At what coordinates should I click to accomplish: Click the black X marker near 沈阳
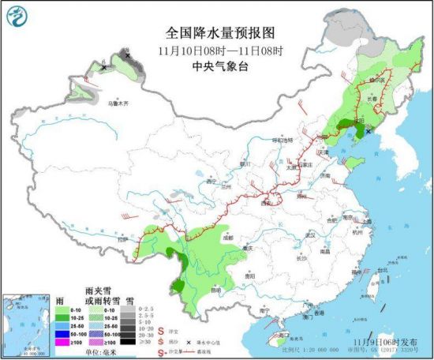pyautogui.click(x=368, y=132)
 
